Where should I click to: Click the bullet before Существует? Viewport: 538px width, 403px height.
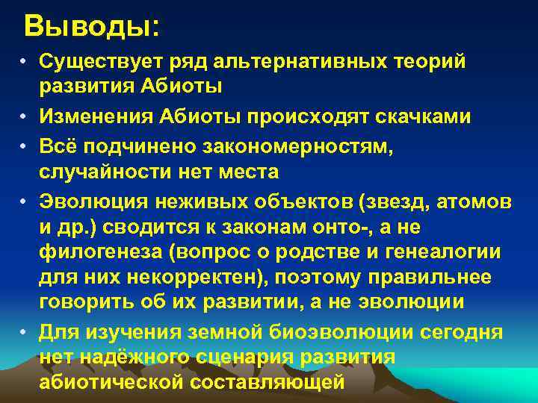click(25, 61)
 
